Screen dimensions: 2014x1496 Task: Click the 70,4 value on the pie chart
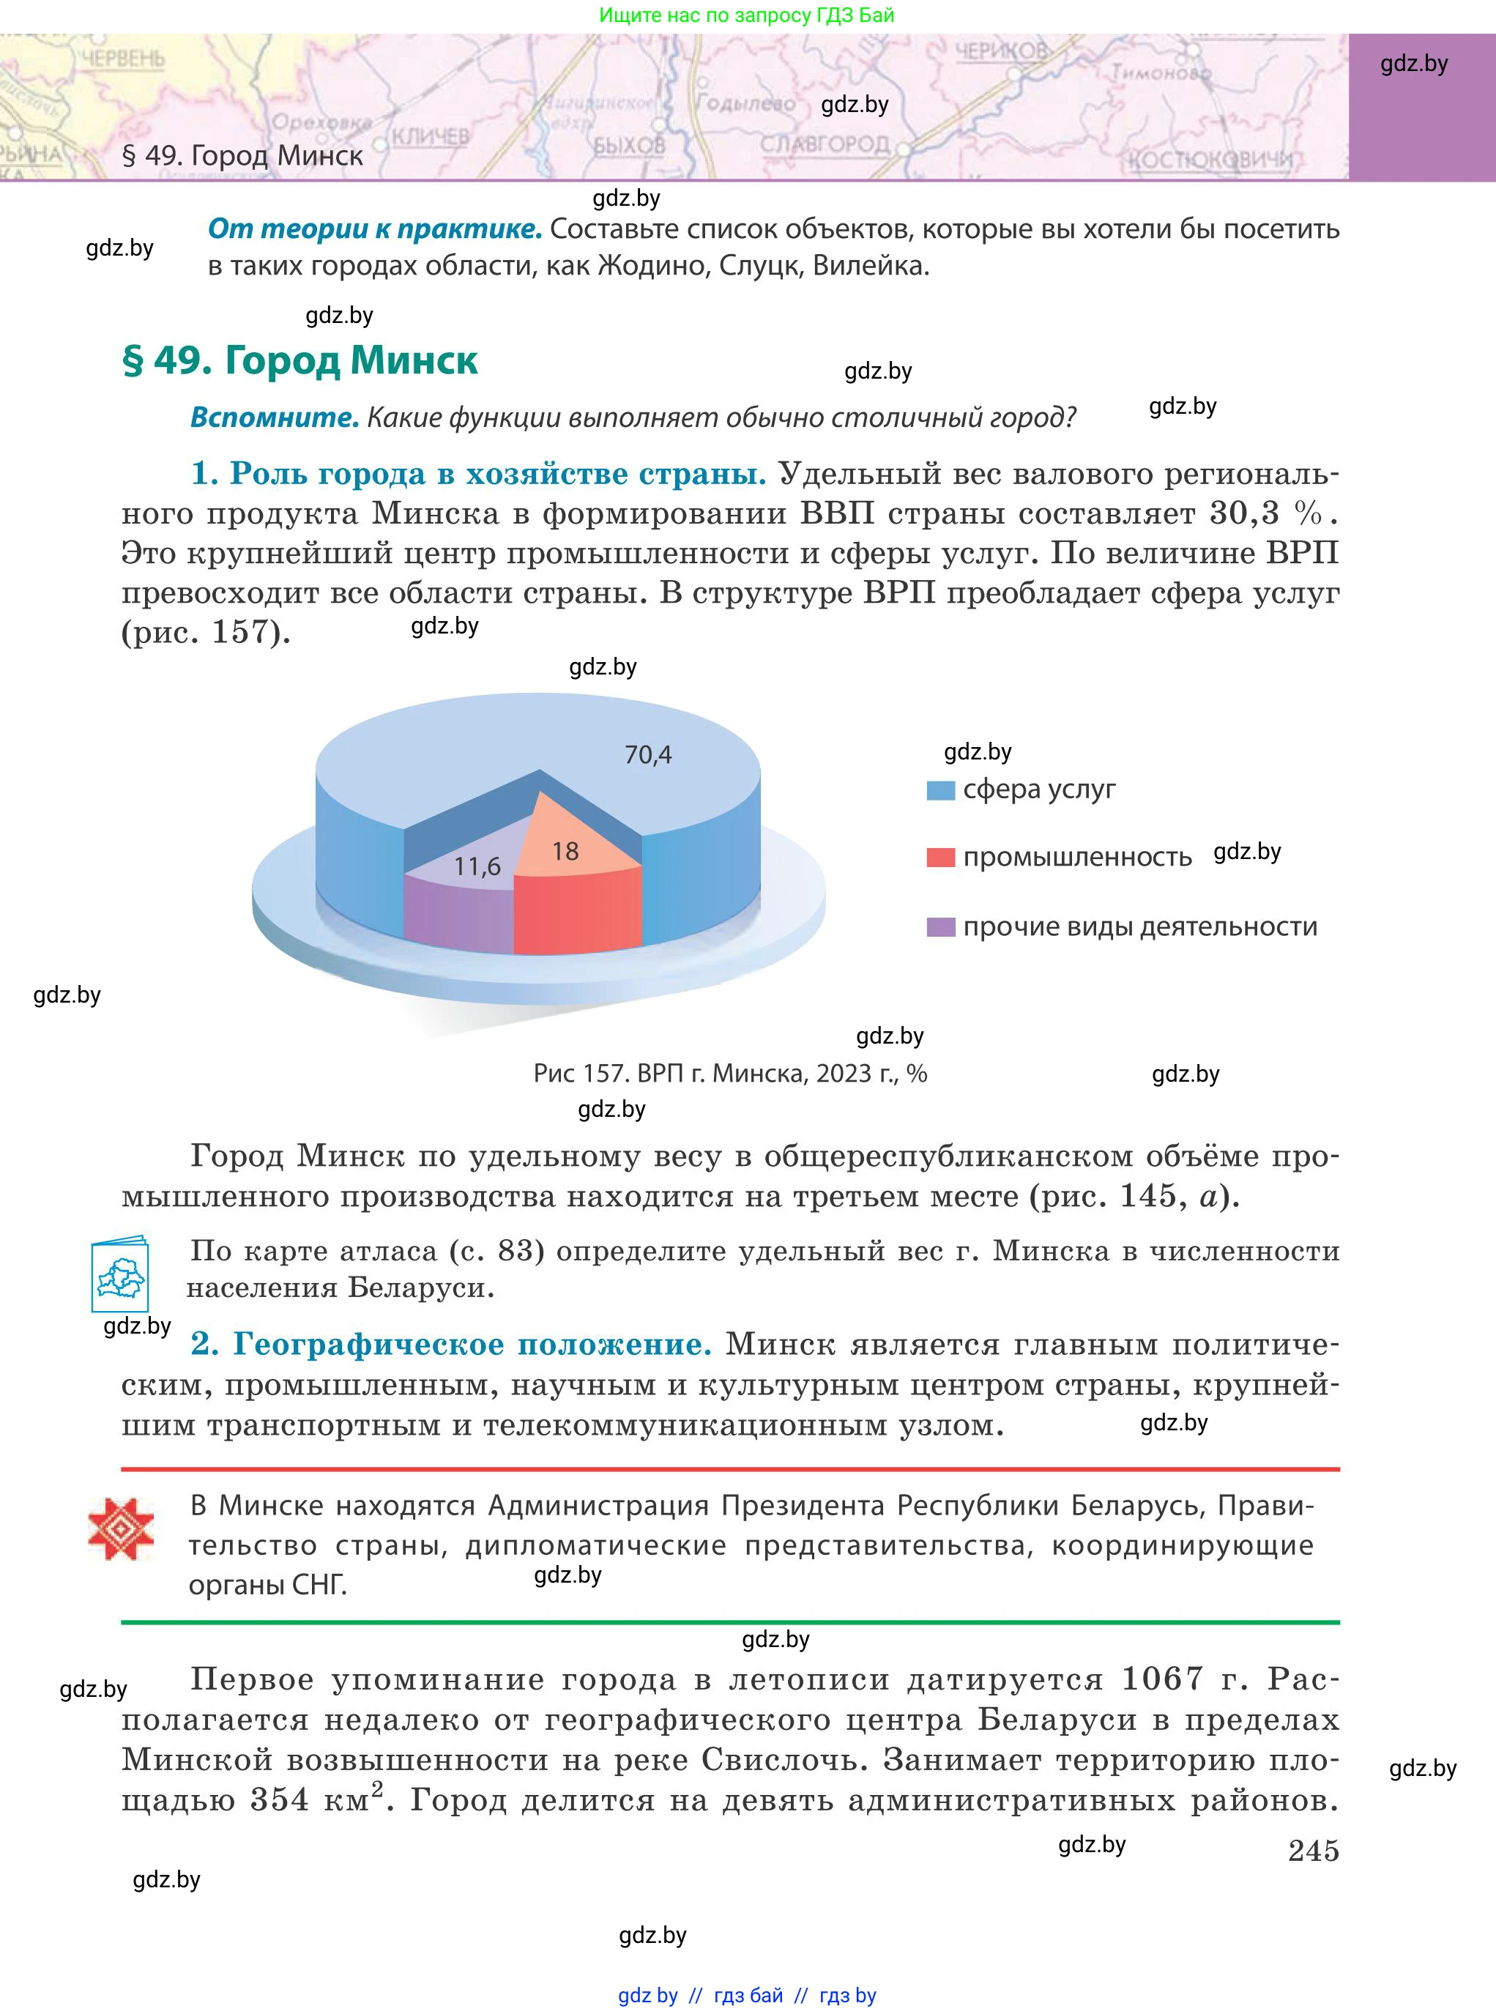point(647,754)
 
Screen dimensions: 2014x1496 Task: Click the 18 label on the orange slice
point(565,851)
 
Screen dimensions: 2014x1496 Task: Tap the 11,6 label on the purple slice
point(477,866)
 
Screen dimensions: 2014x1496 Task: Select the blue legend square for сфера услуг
point(941,789)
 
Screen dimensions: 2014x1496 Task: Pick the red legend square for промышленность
point(941,858)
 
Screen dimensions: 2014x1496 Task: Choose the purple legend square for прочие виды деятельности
point(941,927)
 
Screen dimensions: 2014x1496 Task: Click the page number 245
point(1313,1850)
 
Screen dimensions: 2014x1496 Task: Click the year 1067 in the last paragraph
point(1162,1680)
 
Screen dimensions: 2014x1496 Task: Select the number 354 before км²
point(280,1800)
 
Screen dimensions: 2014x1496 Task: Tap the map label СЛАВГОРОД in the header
point(824,145)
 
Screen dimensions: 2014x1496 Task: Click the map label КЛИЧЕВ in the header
point(431,137)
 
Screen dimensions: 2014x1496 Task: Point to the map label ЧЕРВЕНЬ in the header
point(122,60)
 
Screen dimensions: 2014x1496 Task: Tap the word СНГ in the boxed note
point(320,1585)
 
